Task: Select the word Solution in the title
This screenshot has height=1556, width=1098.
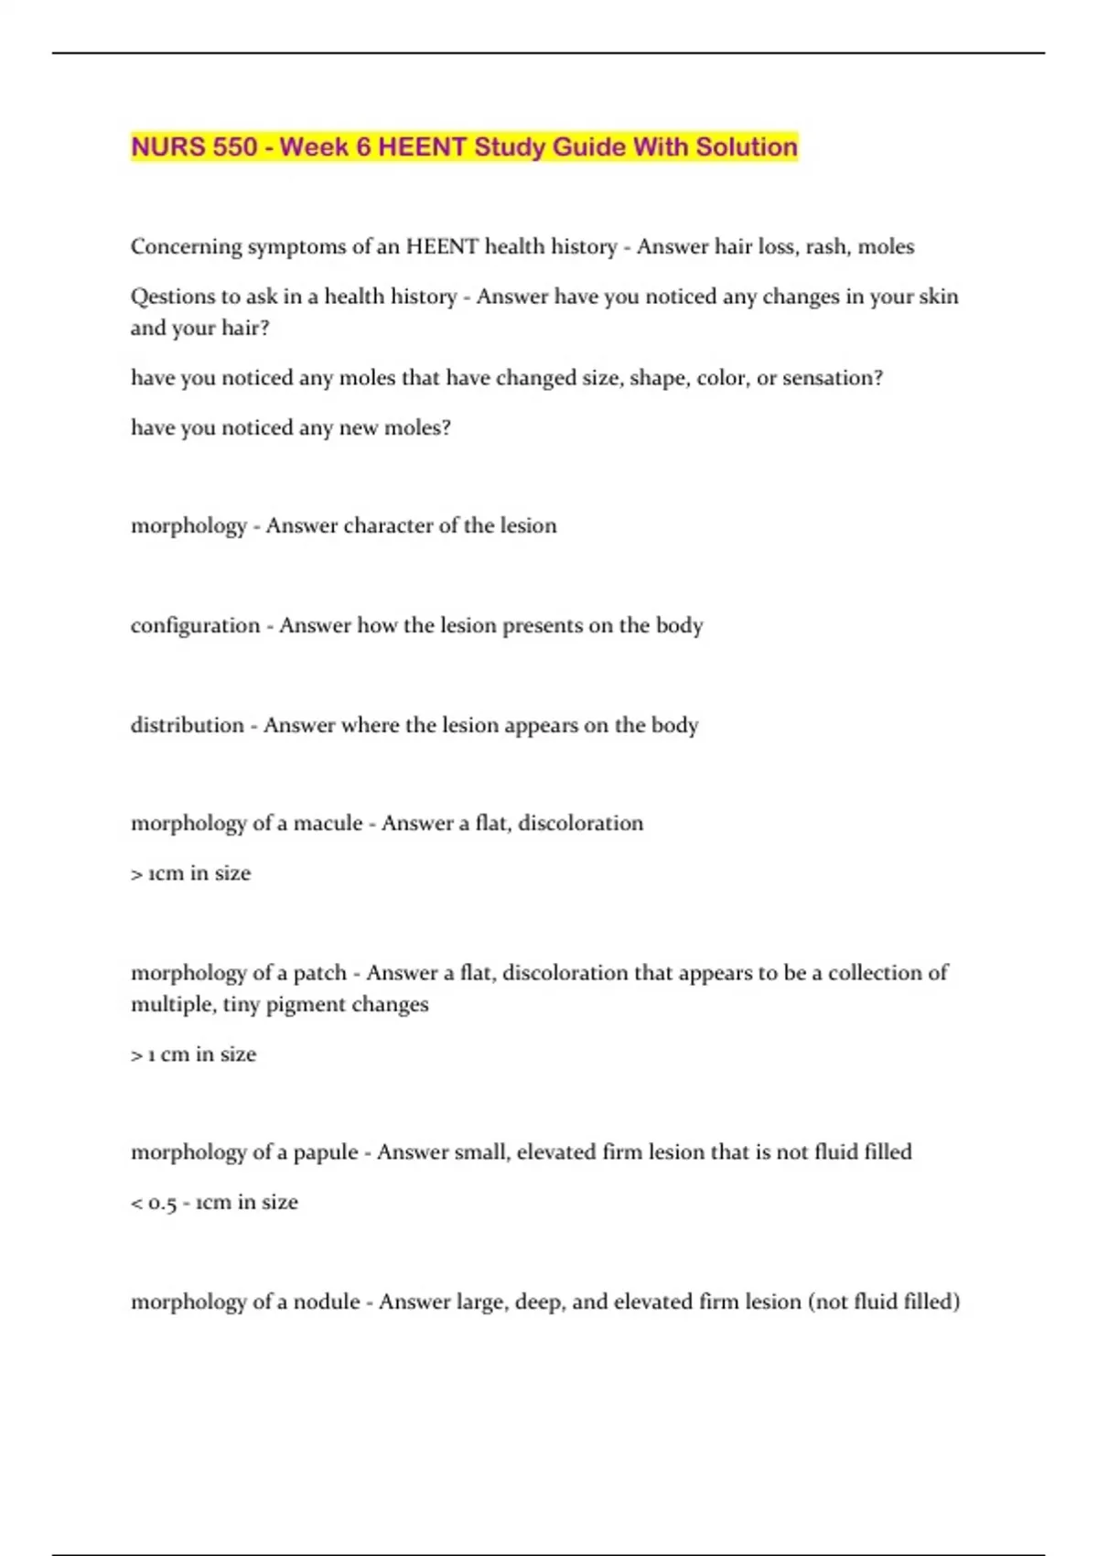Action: (x=746, y=146)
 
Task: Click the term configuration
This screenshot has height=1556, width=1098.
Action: (x=195, y=626)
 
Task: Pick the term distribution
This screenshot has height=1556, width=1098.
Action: (x=188, y=725)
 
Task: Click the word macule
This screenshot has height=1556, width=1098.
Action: (x=328, y=823)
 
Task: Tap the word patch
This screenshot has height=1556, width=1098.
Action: (x=320, y=972)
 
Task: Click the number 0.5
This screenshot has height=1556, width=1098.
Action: (x=163, y=1203)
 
